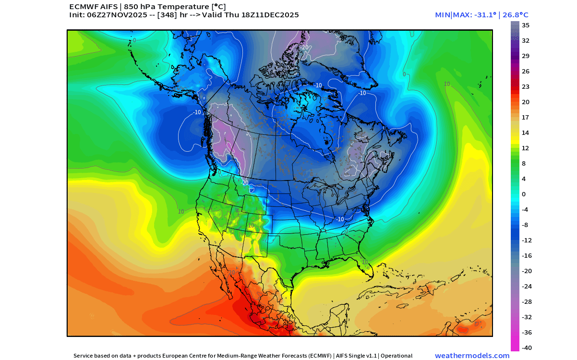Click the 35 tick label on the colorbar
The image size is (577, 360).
(526, 25)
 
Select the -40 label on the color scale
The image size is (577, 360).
(527, 348)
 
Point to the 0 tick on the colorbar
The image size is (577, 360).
(524, 194)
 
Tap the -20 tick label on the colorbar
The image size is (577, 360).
(527, 271)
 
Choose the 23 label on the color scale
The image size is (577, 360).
(526, 86)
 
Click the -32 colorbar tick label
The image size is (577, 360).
(527, 317)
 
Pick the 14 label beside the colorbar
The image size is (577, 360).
(526, 132)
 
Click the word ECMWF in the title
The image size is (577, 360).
(84, 7)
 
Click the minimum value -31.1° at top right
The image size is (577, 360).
(481, 15)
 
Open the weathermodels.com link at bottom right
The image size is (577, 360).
(472, 356)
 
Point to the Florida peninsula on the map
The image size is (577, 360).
(369, 272)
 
